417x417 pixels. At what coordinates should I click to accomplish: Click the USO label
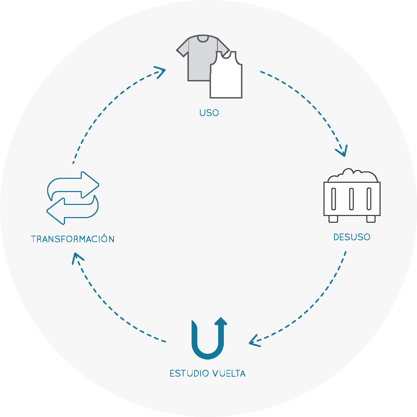(209, 113)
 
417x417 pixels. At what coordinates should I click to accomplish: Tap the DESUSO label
(352, 237)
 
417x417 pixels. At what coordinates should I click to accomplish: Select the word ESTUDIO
(189, 373)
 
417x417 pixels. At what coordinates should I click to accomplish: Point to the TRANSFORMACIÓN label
(73, 239)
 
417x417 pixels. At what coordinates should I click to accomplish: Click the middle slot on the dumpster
(352, 199)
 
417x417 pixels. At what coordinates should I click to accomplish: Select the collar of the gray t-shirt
(203, 39)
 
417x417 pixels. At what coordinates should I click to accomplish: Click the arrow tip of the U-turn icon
(222, 320)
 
